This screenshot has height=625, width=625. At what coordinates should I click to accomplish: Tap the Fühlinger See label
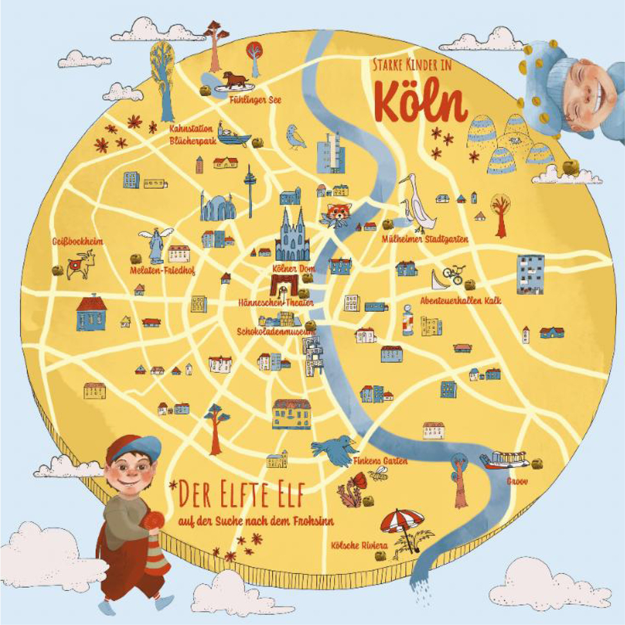coord(255,99)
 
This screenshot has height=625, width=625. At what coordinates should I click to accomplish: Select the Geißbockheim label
coord(78,242)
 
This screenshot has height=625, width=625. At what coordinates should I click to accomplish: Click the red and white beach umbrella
coord(402,521)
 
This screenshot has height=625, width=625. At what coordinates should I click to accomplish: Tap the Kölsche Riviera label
coord(359,545)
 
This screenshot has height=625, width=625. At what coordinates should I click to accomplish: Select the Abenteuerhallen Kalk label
coord(460,300)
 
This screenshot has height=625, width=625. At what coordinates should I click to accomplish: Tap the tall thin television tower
coord(250,190)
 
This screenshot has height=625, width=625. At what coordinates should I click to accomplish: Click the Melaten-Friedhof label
coord(162,270)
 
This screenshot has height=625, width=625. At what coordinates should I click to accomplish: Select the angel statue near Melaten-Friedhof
coord(156,244)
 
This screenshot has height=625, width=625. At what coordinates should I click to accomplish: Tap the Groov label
coord(516,481)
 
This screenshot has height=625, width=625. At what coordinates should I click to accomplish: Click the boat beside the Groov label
coord(505,460)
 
